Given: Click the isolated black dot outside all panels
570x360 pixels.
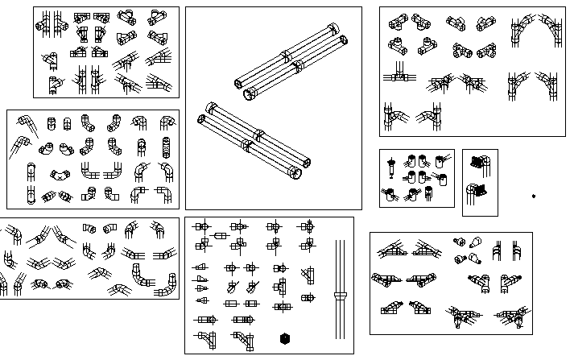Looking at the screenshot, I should (x=534, y=196).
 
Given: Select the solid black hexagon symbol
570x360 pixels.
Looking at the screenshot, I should (x=284, y=338).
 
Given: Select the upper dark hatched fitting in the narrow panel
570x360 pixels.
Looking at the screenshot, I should (x=479, y=161).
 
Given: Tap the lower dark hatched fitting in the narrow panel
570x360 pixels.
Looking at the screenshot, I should (x=479, y=190).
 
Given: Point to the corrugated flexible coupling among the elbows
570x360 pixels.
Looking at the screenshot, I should (x=167, y=147).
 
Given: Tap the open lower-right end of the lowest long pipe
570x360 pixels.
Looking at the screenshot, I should (x=297, y=173).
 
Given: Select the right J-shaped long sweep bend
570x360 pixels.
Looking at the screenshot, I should (x=167, y=283).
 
